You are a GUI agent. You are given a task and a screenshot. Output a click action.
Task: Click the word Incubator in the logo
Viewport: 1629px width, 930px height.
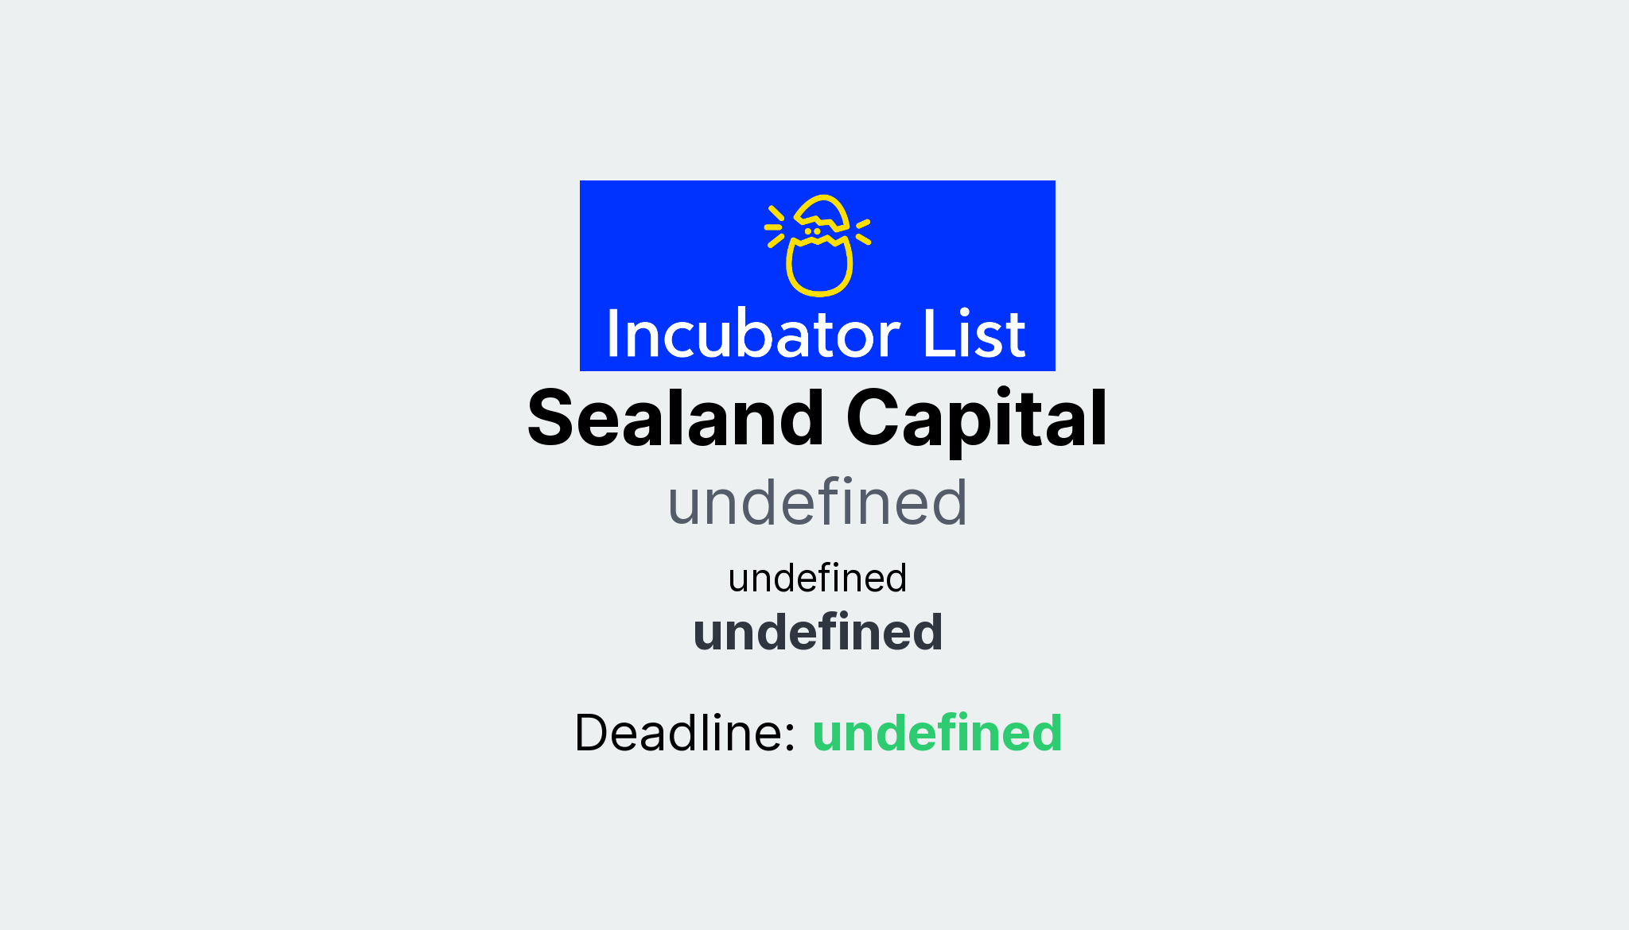click(x=752, y=335)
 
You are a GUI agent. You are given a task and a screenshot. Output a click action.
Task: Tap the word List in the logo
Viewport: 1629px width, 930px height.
click(x=974, y=335)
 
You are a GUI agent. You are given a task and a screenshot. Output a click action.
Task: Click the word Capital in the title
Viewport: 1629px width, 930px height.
click(x=977, y=419)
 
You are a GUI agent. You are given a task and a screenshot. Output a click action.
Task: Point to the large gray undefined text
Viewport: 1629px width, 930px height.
click(x=817, y=502)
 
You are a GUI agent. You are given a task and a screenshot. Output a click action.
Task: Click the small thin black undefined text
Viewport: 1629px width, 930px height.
click(x=817, y=578)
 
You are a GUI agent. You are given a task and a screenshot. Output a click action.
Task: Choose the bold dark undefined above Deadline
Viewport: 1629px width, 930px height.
click(x=818, y=633)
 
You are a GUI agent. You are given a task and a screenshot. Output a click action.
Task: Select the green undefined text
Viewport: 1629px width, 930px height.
click(x=937, y=732)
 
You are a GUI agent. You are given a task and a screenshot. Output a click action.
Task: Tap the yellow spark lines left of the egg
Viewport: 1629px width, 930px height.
click(x=775, y=227)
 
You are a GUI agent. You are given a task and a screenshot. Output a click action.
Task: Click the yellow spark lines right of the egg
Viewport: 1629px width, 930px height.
click(x=863, y=231)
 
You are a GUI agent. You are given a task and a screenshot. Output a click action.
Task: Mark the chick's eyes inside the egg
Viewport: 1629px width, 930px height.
click(x=812, y=231)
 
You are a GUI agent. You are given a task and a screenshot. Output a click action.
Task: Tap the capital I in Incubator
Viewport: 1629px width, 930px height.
click(x=613, y=335)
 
